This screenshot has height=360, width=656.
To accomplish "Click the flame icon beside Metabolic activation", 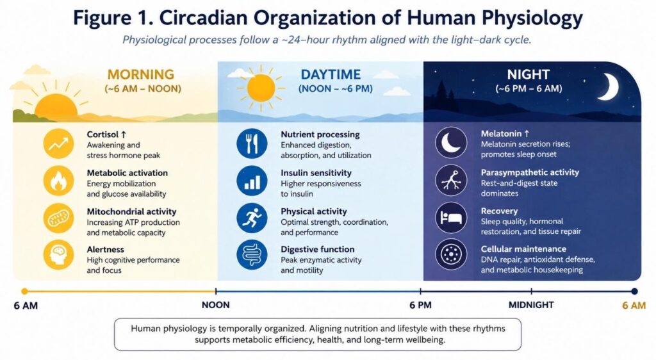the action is [x=58, y=181].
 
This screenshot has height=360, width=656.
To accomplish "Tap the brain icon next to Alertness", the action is [x=58, y=255].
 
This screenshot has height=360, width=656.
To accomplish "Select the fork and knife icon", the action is [x=252, y=143].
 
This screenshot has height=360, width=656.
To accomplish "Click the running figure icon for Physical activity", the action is [x=252, y=218].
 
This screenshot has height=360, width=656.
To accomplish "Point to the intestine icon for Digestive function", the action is [x=252, y=254].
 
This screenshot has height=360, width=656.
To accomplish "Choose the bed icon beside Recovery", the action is [x=451, y=217].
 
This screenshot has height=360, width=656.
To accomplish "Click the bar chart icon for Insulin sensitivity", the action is [x=252, y=181].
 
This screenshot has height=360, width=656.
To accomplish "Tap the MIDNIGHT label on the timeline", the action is [x=531, y=305].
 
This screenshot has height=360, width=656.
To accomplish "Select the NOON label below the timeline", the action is [x=215, y=305].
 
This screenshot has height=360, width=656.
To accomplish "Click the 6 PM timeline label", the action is [x=420, y=305].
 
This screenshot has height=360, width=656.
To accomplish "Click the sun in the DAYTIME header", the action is [x=261, y=88].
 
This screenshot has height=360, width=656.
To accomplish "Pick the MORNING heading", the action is [x=140, y=74].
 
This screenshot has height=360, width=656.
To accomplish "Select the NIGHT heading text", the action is [x=529, y=74].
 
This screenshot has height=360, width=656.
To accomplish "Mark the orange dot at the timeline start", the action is [x=25, y=291].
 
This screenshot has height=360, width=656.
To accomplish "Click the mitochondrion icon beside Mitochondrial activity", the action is [x=58, y=218].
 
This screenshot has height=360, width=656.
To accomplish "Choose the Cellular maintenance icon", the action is [x=451, y=254].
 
